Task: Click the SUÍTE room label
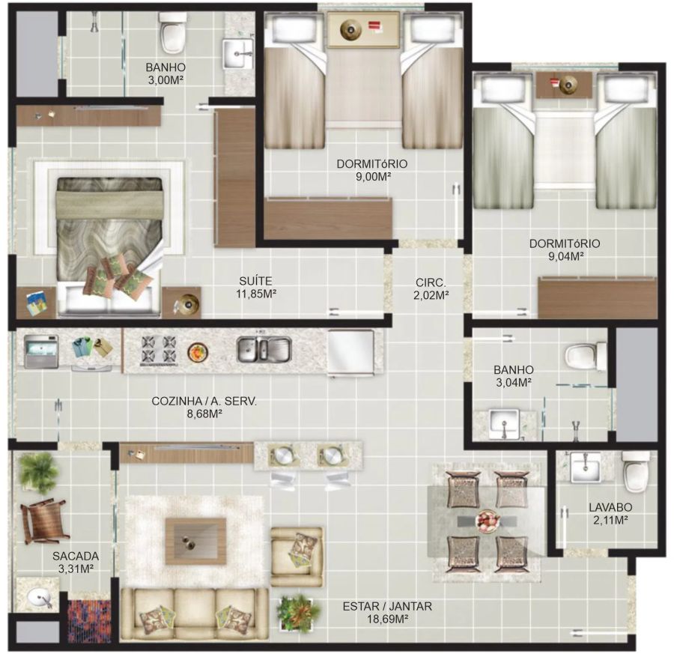(255, 281)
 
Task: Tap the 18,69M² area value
(387, 620)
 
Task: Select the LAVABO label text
(610, 507)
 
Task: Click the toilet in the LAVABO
(636, 471)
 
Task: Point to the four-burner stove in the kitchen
(159, 349)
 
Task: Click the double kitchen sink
(264, 348)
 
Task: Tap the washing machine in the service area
(41, 351)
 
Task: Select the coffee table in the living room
(196, 542)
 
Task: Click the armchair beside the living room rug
(297, 557)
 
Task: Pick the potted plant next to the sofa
(298, 613)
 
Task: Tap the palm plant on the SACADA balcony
(39, 473)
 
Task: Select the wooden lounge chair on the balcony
(44, 521)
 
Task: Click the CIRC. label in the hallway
(431, 283)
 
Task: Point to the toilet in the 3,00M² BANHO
(173, 31)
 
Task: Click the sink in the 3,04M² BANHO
(505, 423)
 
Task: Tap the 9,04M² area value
(565, 256)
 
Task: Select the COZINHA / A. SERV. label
(204, 402)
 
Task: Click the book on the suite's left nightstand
(36, 303)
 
